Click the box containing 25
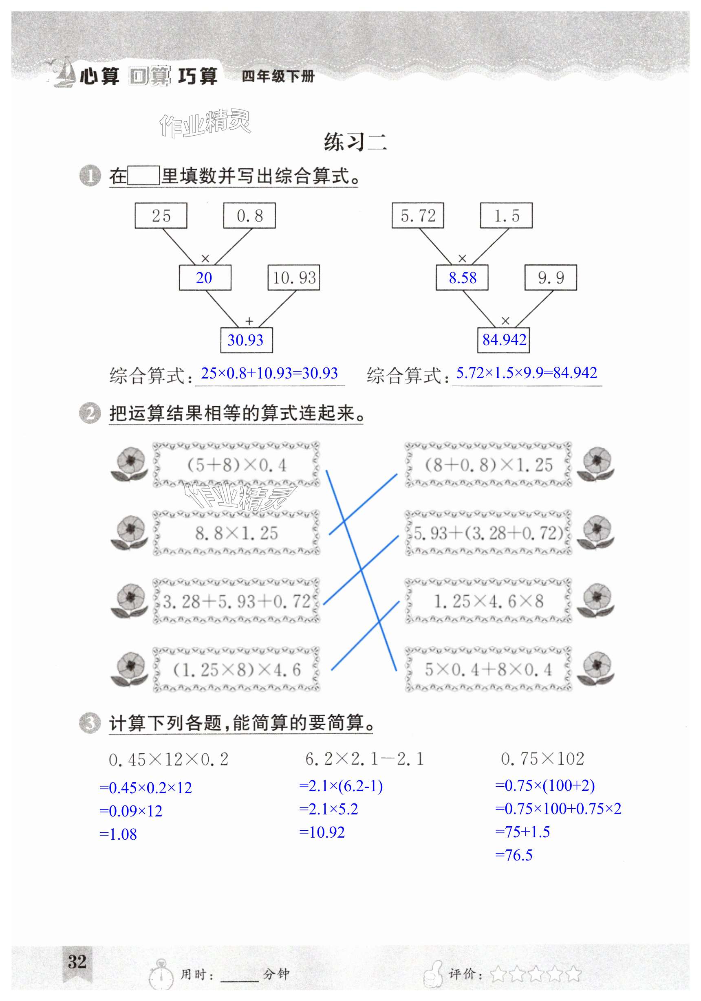[161, 216]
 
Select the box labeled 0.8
[249, 216]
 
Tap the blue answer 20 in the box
[205, 278]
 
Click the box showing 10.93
[294, 278]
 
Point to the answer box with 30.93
[246, 340]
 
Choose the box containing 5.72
[418, 216]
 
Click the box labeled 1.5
[507, 216]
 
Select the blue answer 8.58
[463, 278]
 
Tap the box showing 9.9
[551, 278]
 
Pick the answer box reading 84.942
[504, 340]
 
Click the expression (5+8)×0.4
[236, 465]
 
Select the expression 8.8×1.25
[236, 533]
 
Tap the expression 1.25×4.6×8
[488, 602]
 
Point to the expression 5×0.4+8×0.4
[488, 670]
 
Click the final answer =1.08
[118, 834]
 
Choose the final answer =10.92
[322, 832]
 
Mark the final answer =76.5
[514, 855]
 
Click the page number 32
[77, 962]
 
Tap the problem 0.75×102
[542, 759]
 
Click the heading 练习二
[355, 142]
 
